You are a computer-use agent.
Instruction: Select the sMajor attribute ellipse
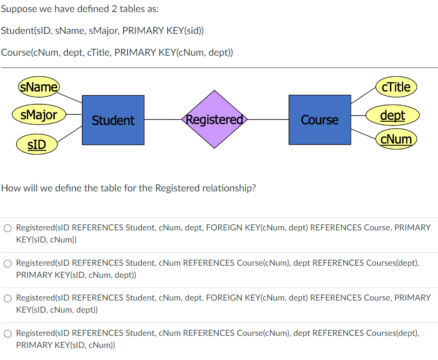(x=39, y=114)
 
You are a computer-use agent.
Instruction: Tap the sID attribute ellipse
(x=37, y=144)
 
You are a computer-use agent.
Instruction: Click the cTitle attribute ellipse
(x=396, y=87)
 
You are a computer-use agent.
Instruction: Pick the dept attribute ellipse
(x=392, y=115)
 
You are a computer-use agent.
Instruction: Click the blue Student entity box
(x=113, y=120)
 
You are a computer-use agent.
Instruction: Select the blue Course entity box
(x=320, y=120)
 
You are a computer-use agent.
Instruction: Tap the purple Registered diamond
(x=214, y=119)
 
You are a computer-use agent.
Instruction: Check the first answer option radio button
(x=8, y=228)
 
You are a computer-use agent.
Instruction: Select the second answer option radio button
(x=8, y=263)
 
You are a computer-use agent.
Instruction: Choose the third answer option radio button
(x=8, y=298)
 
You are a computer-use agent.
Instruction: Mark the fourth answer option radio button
(x=8, y=334)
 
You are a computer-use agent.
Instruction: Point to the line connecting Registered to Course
(x=268, y=120)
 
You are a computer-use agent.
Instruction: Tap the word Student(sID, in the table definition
(x=27, y=31)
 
